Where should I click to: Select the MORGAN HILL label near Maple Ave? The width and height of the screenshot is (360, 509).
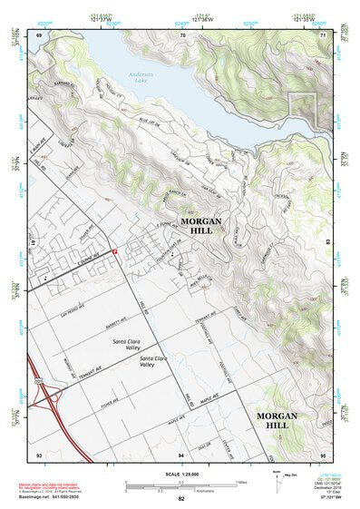[x=284, y=419]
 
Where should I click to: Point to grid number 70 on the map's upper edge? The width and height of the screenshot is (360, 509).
[x=182, y=34]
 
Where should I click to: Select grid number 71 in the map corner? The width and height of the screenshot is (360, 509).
[x=323, y=34]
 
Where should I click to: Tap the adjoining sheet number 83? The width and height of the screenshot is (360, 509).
[x=328, y=244]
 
